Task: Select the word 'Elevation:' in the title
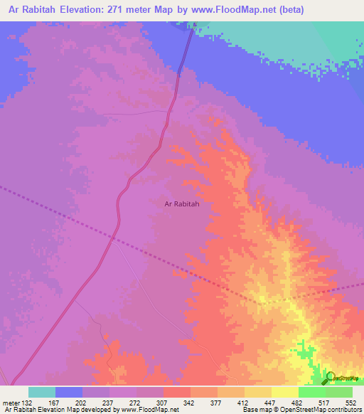pyautogui.click(x=95, y=9)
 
